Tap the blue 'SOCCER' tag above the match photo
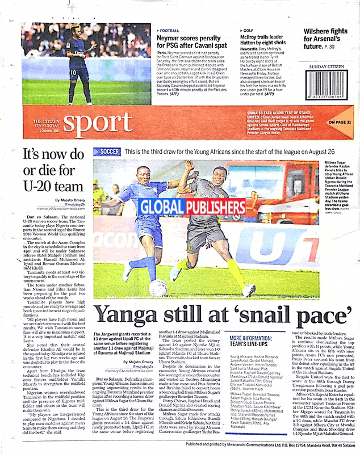(106, 152)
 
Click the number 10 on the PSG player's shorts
(72, 72)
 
